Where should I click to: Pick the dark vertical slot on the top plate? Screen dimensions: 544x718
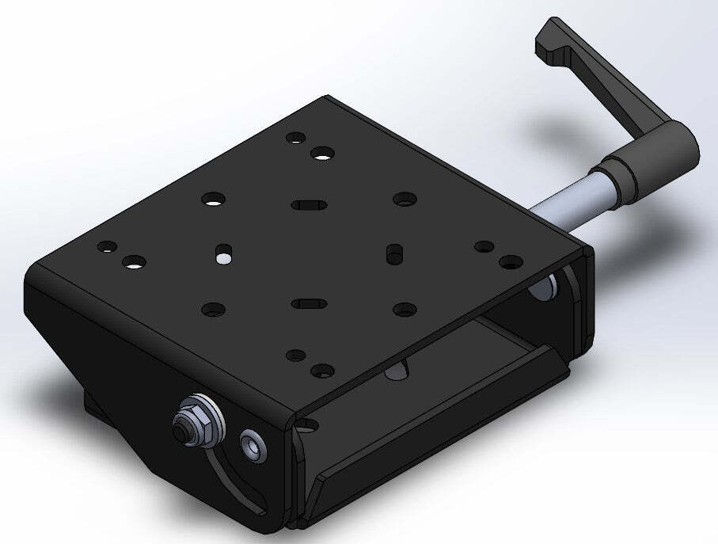tap(392, 253)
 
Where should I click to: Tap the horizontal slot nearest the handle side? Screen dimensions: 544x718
tap(308, 205)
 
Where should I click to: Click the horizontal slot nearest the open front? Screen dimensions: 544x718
tap(308, 302)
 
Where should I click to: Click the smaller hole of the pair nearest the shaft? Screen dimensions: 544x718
tap(481, 246)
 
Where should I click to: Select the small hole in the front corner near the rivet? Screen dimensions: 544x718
tap(306, 426)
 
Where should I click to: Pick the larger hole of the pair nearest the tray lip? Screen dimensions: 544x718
tap(321, 369)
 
